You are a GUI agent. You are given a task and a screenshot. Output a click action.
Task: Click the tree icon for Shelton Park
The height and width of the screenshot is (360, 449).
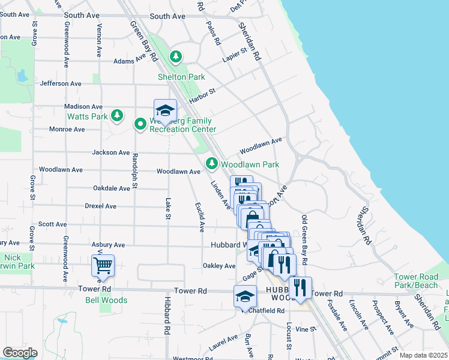176,57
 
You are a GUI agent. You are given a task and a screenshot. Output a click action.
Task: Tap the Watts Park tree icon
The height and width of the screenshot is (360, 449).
118,115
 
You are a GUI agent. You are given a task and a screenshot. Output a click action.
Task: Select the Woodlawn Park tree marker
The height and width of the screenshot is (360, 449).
211,163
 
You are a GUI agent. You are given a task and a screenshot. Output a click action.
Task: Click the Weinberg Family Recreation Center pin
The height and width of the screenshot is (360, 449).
140,124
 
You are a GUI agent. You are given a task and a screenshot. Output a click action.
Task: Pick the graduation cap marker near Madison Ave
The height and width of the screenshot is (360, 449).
165,111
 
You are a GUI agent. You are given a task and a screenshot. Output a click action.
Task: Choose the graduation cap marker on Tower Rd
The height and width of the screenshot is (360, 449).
244,296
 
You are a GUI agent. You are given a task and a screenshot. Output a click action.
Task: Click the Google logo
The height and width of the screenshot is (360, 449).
20,353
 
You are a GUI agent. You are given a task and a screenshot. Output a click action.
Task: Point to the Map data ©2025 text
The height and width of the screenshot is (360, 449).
423,355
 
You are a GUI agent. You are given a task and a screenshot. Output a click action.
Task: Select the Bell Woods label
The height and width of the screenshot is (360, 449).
106,300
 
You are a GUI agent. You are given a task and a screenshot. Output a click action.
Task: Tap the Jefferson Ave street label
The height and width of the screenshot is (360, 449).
60,84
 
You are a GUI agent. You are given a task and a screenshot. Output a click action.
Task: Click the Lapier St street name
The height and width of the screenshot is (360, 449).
235,55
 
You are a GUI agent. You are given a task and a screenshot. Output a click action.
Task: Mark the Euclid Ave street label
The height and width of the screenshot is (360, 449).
200,217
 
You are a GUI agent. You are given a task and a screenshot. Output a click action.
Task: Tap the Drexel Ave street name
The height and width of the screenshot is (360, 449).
100,206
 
